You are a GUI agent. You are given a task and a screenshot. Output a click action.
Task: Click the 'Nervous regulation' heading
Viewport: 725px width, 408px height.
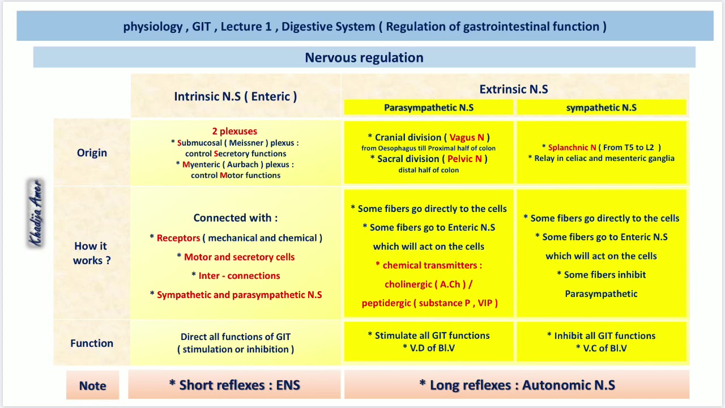pos(364,58)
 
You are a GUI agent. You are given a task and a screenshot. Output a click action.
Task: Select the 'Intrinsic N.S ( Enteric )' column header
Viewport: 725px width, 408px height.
pos(235,96)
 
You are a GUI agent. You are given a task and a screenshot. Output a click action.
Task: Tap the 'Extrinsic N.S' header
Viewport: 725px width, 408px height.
pos(514,89)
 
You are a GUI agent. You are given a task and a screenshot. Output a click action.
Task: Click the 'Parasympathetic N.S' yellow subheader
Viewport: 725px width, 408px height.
pos(429,108)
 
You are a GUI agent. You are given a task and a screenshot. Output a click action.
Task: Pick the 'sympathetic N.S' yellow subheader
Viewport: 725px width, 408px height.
pos(601,108)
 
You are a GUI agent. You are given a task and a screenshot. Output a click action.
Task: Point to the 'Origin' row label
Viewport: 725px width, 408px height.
pos(92,153)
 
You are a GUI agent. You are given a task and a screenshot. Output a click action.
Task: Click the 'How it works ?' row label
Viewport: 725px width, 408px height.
pos(91,253)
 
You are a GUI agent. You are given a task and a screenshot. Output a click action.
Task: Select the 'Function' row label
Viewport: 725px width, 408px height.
pos(92,343)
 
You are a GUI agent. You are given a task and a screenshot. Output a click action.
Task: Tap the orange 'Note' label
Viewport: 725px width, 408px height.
pos(93,386)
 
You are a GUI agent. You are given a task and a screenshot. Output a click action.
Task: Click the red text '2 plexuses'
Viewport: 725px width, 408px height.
pos(234,131)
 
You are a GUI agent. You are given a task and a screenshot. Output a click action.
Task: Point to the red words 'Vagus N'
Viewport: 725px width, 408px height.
pos(467,138)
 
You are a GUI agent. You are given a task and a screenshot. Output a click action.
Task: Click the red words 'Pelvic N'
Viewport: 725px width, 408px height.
pos(464,159)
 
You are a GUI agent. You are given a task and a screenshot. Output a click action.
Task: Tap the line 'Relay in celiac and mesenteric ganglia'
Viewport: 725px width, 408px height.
pos(604,159)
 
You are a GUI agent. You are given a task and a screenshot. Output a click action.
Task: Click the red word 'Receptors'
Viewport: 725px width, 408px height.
pos(178,238)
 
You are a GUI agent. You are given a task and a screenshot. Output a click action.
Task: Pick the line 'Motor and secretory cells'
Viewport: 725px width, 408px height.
pos(239,257)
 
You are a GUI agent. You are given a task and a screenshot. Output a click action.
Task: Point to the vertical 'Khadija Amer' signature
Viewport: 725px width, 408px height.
pos(36,213)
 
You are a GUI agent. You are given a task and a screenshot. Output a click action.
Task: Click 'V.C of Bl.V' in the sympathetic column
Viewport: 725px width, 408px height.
pos(605,348)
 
